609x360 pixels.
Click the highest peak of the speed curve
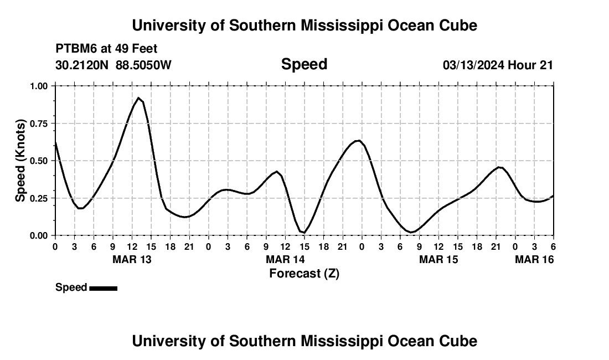click(x=138, y=98)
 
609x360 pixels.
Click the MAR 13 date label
click(x=132, y=259)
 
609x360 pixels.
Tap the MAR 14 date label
click(x=285, y=259)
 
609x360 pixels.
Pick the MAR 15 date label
click(x=438, y=259)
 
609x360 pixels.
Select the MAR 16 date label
click(x=534, y=259)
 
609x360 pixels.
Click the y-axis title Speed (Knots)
click(x=20, y=161)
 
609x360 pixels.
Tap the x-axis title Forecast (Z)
click(x=304, y=273)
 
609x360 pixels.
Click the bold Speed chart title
click(x=304, y=64)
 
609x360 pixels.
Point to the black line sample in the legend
click(x=103, y=288)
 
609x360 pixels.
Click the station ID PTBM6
click(x=74, y=49)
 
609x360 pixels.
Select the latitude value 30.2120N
click(x=83, y=65)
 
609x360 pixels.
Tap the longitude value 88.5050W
click(x=143, y=65)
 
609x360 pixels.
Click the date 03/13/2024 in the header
click(x=473, y=65)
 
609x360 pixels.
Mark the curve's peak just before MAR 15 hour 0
click(x=358, y=141)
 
